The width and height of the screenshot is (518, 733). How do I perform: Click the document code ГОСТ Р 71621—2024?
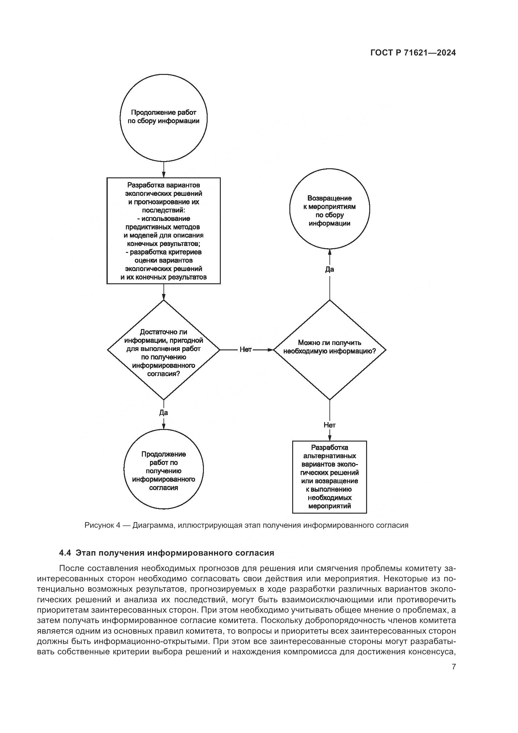(413, 53)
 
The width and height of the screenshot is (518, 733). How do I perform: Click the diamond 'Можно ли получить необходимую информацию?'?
(329, 350)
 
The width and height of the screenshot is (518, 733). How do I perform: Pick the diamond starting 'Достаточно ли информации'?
(163, 350)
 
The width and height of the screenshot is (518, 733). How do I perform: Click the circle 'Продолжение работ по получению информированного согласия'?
(163, 471)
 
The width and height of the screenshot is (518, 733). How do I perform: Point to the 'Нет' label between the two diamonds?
(246, 350)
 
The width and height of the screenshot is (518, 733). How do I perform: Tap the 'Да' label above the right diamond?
(329, 270)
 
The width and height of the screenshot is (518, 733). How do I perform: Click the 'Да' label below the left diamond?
(163, 413)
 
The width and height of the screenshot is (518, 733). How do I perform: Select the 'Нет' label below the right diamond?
(329, 425)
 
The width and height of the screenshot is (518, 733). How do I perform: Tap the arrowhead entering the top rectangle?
(163, 174)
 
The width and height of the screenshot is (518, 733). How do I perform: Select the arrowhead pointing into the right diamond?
(271, 350)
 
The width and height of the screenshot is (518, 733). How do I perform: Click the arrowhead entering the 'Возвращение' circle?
(329, 252)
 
